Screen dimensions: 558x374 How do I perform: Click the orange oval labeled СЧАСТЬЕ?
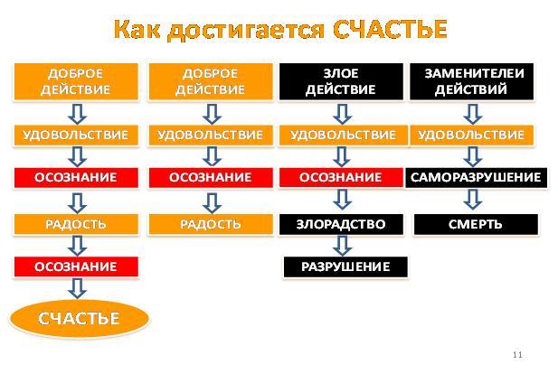79,318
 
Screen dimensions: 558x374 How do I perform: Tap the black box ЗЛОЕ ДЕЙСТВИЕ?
341,81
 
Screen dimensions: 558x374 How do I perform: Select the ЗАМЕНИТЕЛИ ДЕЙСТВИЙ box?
471,81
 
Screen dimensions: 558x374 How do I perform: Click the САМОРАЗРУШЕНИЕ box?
476,177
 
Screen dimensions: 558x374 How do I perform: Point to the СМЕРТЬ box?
476,224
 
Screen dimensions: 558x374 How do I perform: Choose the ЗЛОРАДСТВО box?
341,224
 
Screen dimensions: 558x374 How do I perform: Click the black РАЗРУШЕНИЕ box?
345,266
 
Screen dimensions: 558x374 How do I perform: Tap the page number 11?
517,354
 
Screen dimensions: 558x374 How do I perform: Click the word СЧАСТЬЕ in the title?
391,29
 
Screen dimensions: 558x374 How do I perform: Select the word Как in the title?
137,29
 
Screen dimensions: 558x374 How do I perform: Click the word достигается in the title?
246,30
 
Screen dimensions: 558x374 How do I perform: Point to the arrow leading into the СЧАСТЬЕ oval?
77,288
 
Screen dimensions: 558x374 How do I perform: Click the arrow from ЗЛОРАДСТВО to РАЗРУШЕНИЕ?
342,246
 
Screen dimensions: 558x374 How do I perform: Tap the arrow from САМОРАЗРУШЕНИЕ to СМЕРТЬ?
473,200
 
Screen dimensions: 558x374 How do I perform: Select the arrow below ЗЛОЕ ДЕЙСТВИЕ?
342,114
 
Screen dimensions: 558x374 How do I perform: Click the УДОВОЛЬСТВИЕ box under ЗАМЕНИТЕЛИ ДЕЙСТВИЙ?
471,136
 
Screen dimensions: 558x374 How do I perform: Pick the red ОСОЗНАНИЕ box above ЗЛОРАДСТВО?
341,177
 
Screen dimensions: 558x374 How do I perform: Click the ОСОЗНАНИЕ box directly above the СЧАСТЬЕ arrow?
76,266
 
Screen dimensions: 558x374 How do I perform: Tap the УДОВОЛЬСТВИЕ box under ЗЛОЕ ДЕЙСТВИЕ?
343,136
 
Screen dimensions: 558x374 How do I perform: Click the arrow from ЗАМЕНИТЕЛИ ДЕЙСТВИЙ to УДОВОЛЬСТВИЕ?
473,114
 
